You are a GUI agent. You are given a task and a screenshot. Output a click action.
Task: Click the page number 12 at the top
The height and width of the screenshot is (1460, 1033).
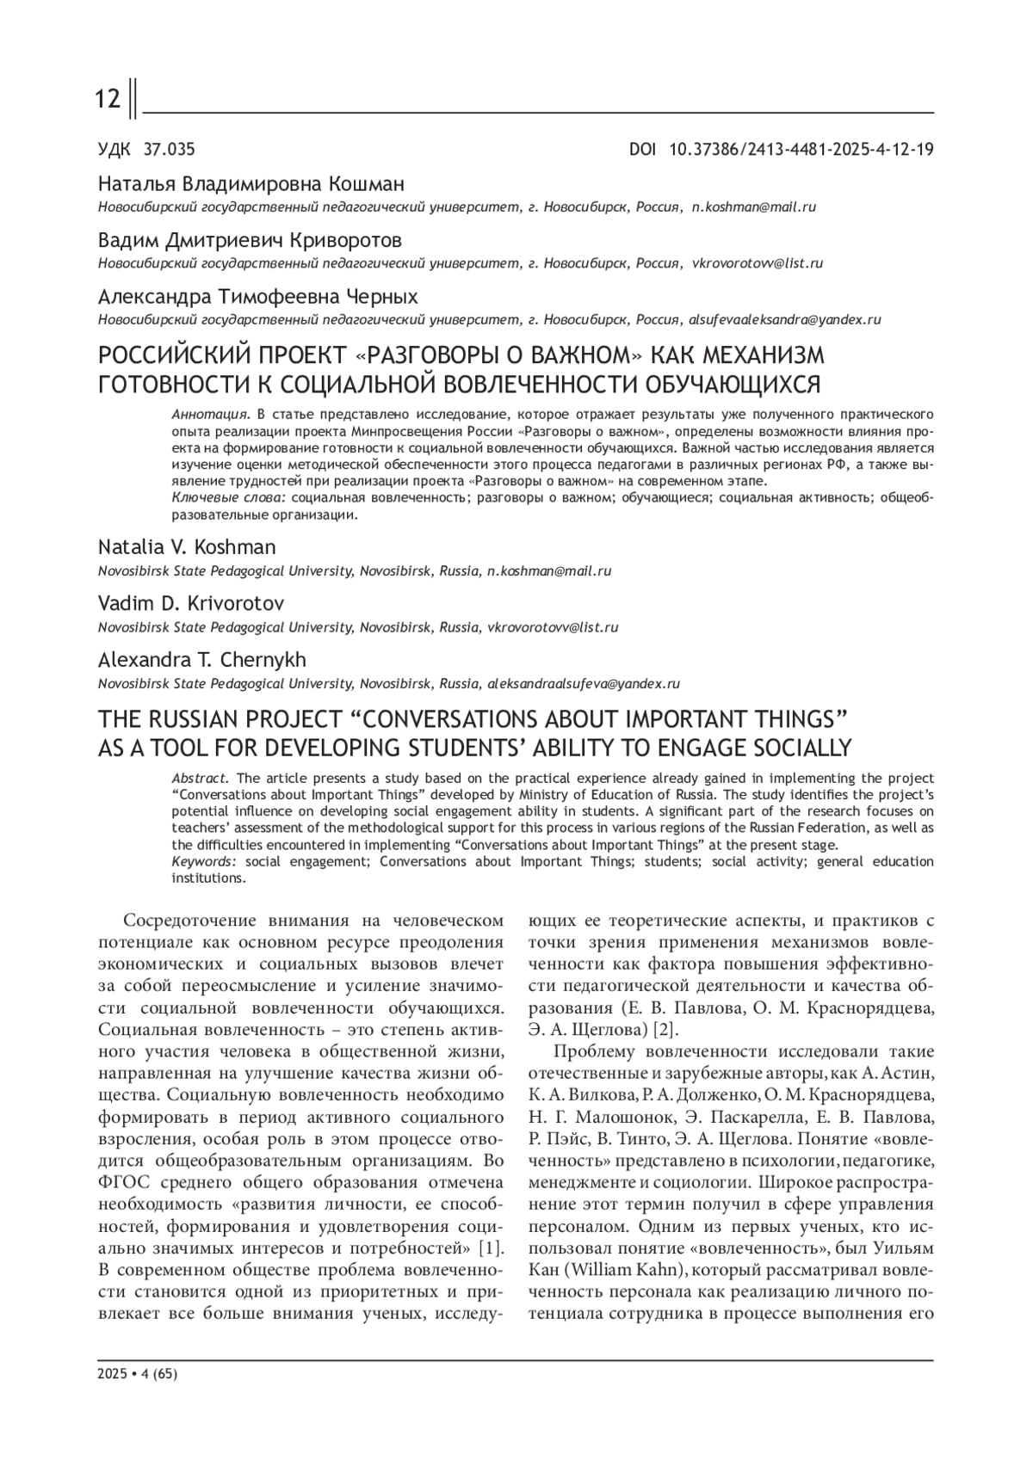108,100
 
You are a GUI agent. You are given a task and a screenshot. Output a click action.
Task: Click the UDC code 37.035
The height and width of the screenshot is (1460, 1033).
170,150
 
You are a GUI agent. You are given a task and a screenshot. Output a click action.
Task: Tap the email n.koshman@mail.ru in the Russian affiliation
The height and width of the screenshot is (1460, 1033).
754,207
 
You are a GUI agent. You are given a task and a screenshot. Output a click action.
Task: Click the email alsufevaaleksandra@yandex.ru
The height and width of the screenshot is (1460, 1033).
783,319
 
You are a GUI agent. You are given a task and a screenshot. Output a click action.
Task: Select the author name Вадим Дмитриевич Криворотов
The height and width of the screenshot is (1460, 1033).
250,240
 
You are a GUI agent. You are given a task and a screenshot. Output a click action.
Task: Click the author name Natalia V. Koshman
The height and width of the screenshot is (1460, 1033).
187,547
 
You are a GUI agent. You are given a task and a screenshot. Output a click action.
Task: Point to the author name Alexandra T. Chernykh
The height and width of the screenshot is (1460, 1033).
202,660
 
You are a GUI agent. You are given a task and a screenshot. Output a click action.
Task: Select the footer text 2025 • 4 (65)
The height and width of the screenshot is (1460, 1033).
138,1374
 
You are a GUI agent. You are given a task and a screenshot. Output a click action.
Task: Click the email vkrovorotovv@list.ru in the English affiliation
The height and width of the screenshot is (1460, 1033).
553,627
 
